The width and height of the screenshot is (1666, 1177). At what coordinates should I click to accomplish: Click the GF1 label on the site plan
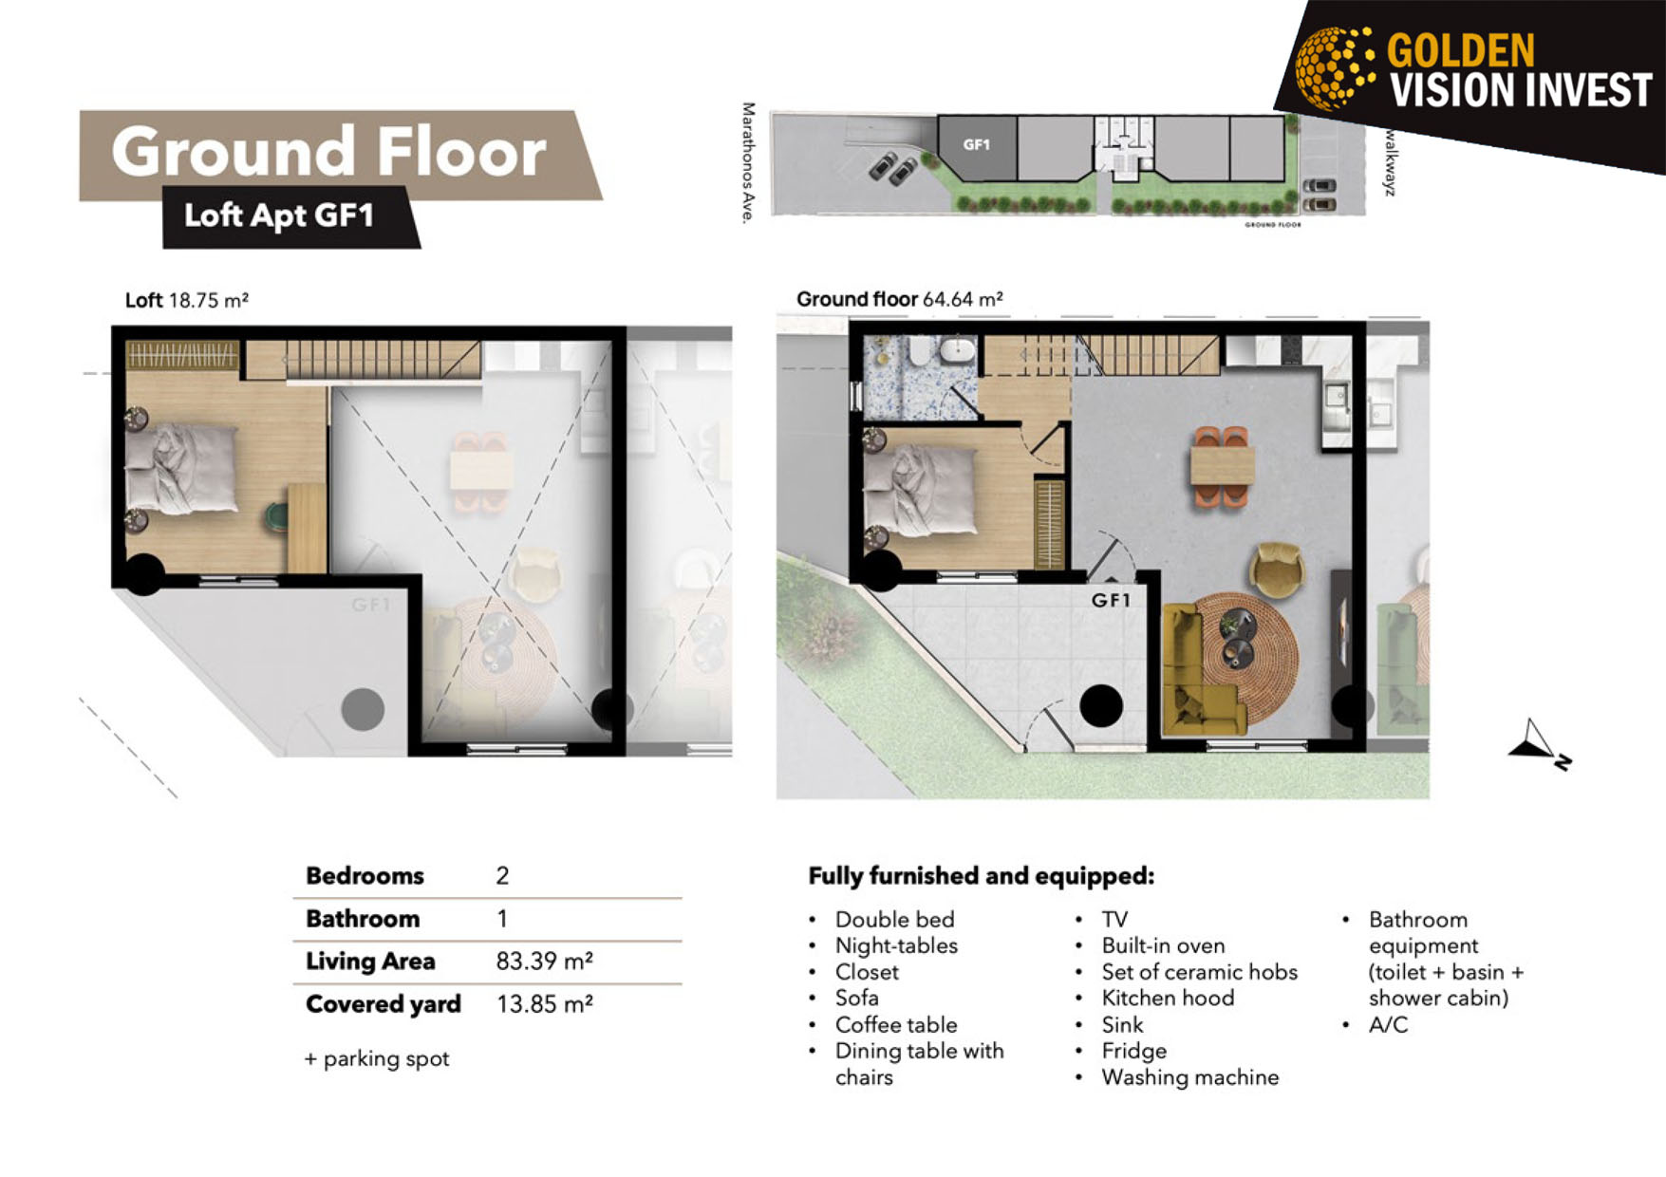point(977,144)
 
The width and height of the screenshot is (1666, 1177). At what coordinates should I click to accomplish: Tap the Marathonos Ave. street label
point(748,163)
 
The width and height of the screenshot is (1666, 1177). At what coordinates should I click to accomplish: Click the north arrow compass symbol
point(1538,745)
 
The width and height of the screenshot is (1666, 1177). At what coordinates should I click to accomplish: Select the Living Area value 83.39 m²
point(545,961)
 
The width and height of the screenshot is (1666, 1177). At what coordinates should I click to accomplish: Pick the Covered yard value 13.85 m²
point(545,1003)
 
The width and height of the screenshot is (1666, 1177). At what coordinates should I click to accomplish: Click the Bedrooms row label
point(365,875)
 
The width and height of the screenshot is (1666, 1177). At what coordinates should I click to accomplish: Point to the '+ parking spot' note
point(377,1058)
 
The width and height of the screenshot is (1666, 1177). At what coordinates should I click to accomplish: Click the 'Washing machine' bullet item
point(1189,1077)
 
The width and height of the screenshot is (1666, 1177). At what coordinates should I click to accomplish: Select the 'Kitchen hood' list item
point(1168,998)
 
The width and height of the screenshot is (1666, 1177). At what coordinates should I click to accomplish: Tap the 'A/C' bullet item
point(1388,1024)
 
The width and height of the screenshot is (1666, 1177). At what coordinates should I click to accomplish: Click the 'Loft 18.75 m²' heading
point(187,300)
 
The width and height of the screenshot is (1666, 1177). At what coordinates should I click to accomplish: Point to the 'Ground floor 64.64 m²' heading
point(900,299)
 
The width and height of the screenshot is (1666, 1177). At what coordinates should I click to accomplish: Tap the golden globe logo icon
point(1336,66)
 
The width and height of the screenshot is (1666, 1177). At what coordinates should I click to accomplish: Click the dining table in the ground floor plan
point(1223,466)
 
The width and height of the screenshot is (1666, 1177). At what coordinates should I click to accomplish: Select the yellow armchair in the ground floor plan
point(1278,570)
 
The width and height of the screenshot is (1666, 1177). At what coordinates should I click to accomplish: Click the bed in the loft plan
point(181,469)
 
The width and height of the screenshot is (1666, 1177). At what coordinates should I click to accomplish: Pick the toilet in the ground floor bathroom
point(921,352)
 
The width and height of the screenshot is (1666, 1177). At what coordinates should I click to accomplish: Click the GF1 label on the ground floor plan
point(1111,600)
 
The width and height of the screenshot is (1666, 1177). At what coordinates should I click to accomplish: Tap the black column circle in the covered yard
point(1101,706)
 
